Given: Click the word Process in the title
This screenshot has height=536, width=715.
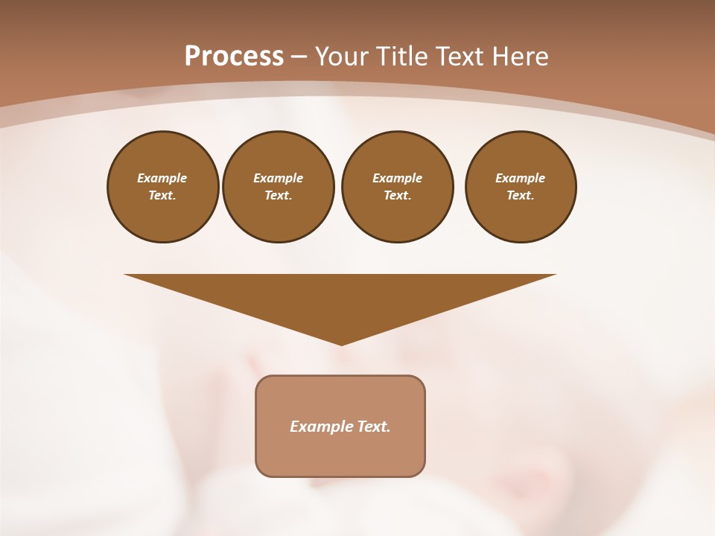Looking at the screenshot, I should point(234,57).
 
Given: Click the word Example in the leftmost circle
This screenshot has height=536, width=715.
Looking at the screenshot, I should point(162,178).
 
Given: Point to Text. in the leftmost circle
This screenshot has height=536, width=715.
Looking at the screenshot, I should point(162,195).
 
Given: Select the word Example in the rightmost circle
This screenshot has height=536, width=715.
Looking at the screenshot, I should point(521,178).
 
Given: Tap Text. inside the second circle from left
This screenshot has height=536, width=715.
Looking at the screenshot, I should point(279,195).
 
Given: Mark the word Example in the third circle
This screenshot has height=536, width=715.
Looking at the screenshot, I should point(398,178).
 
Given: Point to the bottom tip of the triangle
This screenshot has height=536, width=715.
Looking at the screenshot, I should point(341,343).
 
